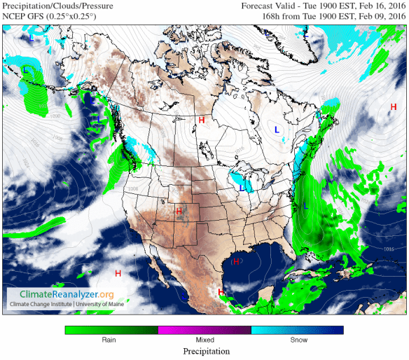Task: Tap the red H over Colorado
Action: [x=179, y=211]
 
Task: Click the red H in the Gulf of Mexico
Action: [x=236, y=261]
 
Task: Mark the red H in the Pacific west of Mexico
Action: [x=118, y=273]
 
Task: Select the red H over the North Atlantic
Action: [x=393, y=106]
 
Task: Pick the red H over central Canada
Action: [x=202, y=120]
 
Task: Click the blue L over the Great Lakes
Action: [x=242, y=188]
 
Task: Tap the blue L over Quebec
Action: [x=277, y=130]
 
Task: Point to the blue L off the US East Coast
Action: [x=305, y=207]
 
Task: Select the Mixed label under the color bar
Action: [x=204, y=339]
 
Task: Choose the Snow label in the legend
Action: [x=297, y=339]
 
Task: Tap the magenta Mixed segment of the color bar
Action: [x=204, y=329]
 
